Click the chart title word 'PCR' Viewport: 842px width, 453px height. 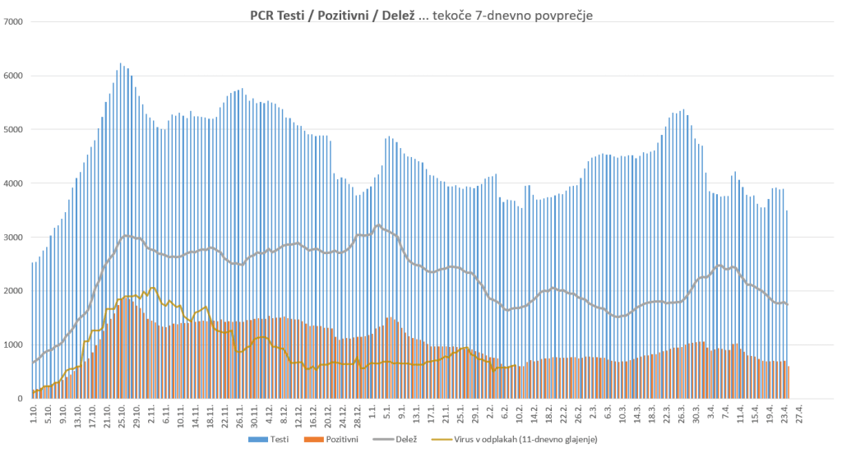[264, 15]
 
